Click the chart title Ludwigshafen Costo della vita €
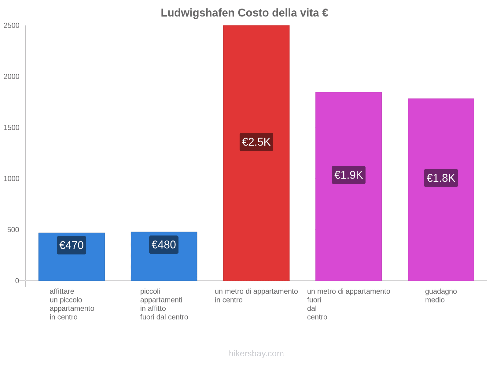pyautogui.click(x=244, y=13)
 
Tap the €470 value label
pyautogui.click(x=72, y=245)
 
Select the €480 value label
pyautogui.click(x=164, y=245)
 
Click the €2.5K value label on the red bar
pyautogui.click(x=256, y=142)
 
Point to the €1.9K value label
pyautogui.click(x=348, y=175)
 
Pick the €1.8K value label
pyautogui.click(x=441, y=178)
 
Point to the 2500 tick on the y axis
pyautogui.click(x=12, y=26)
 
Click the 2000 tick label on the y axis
pyautogui.click(x=12, y=77)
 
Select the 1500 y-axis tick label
pyautogui.click(x=12, y=128)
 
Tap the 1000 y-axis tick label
pyautogui.click(x=12, y=179)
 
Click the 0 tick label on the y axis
pyautogui.click(x=17, y=281)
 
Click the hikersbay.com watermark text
pyautogui.click(x=256, y=354)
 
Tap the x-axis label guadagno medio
pyautogui.click(x=441, y=296)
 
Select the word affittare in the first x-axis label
pyautogui.click(x=62, y=291)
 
